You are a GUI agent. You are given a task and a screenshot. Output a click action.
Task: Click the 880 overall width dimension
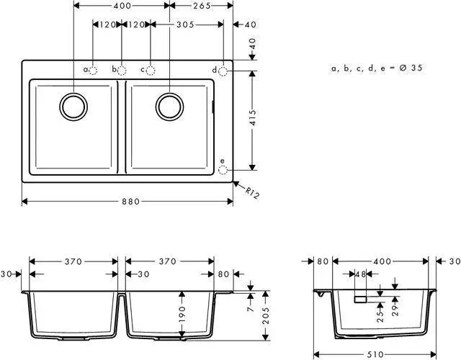click(131, 202)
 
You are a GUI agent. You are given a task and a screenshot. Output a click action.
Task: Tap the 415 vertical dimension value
click(253, 118)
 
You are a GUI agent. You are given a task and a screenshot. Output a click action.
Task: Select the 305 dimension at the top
click(185, 24)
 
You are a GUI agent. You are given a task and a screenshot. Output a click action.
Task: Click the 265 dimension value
click(202, 6)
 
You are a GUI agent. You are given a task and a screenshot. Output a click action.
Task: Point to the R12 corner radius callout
click(252, 193)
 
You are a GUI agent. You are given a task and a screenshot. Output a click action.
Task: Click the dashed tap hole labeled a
click(93, 71)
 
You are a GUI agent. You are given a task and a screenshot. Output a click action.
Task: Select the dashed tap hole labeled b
click(122, 71)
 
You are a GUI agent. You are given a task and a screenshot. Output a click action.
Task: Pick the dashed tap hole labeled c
click(151, 71)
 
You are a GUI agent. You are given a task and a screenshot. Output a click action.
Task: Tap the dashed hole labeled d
click(223, 71)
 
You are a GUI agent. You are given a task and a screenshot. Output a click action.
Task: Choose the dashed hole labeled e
click(223, 170)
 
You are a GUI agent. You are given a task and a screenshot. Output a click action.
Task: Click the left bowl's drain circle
click(73, 107)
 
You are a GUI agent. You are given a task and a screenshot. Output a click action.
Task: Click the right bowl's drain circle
click(170, 107)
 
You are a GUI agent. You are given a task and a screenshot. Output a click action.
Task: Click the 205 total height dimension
click(266, 315)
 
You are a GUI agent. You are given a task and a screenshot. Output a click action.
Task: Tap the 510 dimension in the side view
click(375, 354)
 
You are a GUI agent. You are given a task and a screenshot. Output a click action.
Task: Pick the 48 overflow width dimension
click(361, 274)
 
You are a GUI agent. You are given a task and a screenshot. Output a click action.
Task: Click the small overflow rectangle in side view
click(361, 300)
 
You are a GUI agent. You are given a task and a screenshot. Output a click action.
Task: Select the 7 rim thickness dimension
click(251, 309)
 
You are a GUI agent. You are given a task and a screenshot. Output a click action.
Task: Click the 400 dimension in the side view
click(382, 261)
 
